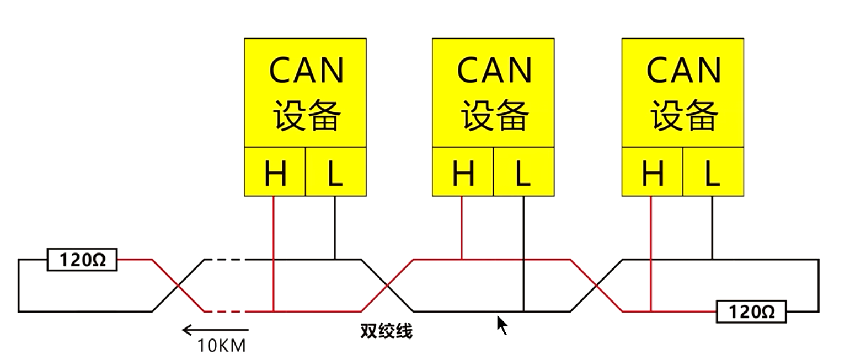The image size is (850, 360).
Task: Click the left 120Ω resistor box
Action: [x=82, y=260]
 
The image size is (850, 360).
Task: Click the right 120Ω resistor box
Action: [x=751, y=312]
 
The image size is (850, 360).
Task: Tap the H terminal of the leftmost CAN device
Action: [x=275, y=172]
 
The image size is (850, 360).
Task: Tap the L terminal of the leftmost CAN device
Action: [x=336, y=172]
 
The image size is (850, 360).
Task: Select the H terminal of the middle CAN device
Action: [x=463, y=172]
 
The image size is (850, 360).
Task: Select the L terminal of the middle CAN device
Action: [x=523, y=172]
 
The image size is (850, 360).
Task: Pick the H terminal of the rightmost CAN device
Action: [x=653, y=172]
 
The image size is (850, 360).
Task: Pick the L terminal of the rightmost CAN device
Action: [x=713, y=172]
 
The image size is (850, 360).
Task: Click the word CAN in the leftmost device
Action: [x=306, y=71]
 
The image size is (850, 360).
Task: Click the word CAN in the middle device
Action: [x=494, y=71]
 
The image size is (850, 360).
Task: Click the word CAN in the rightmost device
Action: [x=683, y=71]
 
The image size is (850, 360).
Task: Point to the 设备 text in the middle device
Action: [x=495, y=115]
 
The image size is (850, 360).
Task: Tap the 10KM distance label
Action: [x=222, y=346]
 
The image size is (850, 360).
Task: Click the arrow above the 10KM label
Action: [x=216, y=330]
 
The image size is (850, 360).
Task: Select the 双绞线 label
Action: [x=386, y=331]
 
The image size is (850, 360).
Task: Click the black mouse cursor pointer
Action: [x=502, y=325]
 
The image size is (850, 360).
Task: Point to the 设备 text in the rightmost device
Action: [x=684, y=115]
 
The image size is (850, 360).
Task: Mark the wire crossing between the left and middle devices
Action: [x=387, y=285]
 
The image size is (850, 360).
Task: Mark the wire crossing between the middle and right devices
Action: [x=596, y=285]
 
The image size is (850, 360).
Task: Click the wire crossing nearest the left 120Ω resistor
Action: [x=178, y=285]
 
